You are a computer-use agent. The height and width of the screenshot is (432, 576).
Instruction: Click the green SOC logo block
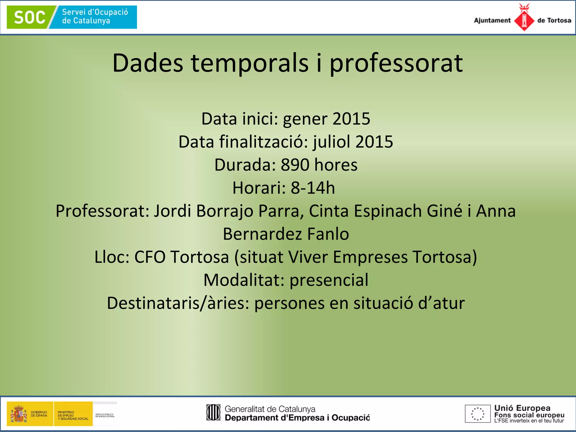coord(30,17)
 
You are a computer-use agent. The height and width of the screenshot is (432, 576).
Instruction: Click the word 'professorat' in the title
coord(396,63)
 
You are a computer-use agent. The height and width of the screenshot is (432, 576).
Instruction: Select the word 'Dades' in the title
coord(148,63)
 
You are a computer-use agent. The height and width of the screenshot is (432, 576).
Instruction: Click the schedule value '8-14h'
coord(313,188)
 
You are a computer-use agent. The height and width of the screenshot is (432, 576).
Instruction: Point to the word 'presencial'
coord(329,280)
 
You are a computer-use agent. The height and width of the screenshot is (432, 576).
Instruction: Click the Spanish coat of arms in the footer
coord(19,414)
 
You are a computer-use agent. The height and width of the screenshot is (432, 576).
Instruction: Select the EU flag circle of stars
coord(478,414)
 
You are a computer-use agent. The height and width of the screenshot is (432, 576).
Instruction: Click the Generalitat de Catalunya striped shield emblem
coord(213,412)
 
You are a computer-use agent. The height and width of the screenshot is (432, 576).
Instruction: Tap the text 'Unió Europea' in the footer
coord(522,408)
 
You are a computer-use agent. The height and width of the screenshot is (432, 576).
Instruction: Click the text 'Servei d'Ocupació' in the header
coord(95,12)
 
